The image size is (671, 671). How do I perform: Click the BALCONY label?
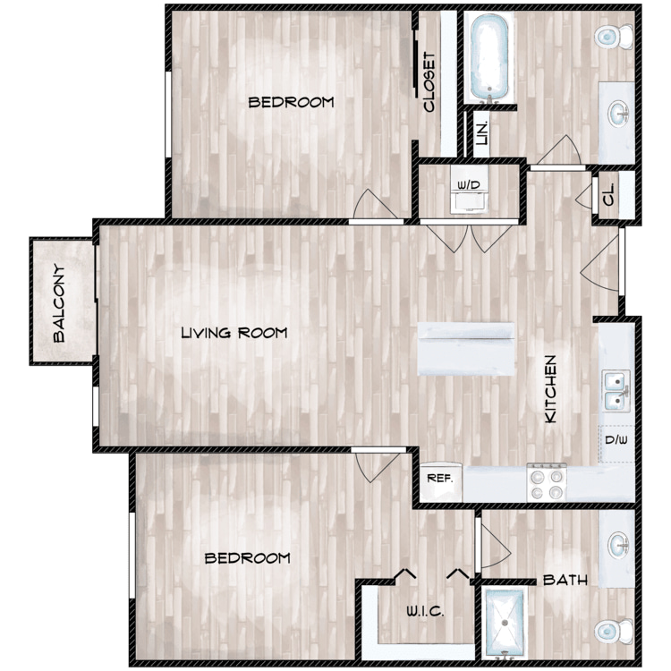tap(59, 303)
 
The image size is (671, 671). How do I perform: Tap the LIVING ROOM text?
tap(234, 333)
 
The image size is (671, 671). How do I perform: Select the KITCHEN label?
tap(550, 389)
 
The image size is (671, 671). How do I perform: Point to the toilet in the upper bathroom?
tap(614, 37)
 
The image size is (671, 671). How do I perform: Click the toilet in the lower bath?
tap(614, 631)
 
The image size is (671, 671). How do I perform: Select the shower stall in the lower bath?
tap(504, 623)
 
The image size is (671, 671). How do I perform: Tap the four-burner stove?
tap(547, 482)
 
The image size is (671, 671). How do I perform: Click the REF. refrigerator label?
tap(439, 478)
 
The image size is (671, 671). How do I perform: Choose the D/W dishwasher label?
tap(616, 439)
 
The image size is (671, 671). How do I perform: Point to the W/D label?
tap(469, 185)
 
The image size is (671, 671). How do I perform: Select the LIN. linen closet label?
tap(482, 133)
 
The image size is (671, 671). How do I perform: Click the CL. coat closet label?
tap(608, 194)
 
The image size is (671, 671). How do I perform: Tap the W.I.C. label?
tap(425, 611)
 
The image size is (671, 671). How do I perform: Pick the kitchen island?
tap(466, 349)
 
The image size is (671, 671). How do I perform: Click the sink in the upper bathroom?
tap(618, 114)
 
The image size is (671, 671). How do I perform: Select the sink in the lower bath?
tap(618, 545)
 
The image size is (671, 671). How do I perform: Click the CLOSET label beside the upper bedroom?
tap(429, 82)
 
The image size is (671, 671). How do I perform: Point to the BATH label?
tap(565, 581)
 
